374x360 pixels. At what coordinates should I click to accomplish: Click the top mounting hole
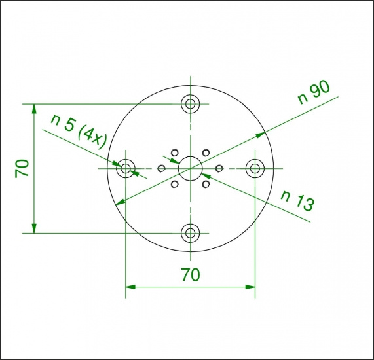pyautogui.click(x=191, y=103)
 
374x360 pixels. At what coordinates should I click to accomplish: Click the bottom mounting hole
pyautogui.click(x=191, y=232)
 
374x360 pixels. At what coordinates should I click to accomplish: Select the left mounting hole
pyautogui.click(x=125, y=168)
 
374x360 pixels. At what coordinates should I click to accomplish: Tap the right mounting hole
pyautogui.click(x=254, y=168)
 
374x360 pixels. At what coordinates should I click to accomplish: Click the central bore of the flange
pyautogui.click(x=190, y=168)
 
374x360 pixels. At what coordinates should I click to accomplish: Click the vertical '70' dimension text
pyautogui.click(x=22, y=168)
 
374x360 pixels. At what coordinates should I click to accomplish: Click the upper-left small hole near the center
pyautogui.click(x=174, y=153)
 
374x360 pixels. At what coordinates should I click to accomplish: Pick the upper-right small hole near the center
pyautogui.click(x=206, y=153)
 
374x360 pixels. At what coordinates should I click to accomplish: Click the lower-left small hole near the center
pyautogui.click(x=174, y=185)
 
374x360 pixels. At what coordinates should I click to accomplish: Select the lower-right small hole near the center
pyautogui.click(x=206, y=185)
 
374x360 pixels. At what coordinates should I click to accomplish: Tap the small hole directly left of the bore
pyautogui.click(x=161, y=168)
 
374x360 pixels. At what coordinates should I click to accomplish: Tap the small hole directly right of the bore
pyautogui.click(x=219, y=168)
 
